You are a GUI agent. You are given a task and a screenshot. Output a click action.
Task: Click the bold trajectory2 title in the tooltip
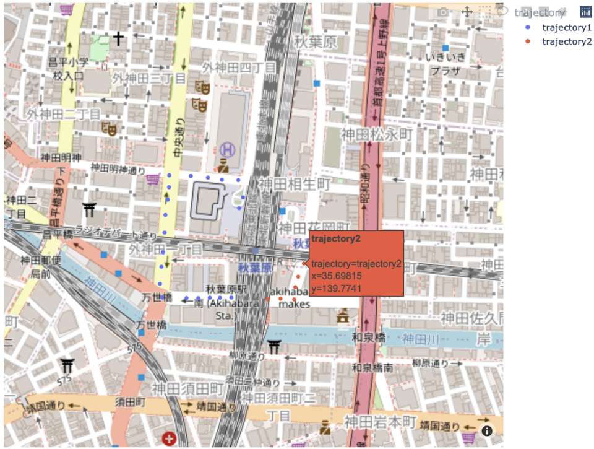pos(335,238)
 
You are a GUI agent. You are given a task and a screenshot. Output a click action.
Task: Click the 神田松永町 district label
pos(370,133)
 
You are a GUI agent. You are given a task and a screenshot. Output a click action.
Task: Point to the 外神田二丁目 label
pos(63,114)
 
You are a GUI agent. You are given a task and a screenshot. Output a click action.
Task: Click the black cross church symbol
pos(118,40)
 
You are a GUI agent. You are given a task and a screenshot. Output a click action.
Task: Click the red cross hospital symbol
pos(168,439)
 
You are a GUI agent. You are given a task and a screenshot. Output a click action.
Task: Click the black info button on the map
pos(487,430)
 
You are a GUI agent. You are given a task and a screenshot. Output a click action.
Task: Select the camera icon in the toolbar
pos(442,12)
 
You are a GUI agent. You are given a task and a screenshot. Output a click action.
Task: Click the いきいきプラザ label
pos(444,64)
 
